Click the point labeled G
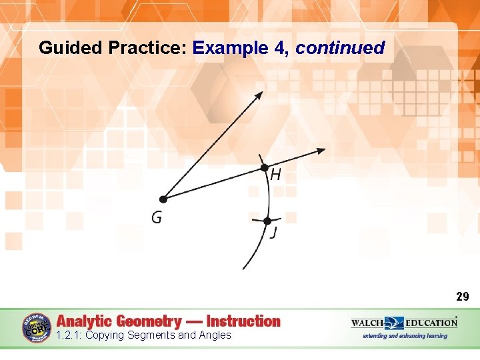coord(163,199)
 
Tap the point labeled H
coord(264,167)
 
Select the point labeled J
coord(267,221)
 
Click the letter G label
coord(156,218)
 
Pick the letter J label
coord(273,233)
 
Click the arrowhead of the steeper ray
coord(259,95)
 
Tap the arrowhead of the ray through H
coord(321,151)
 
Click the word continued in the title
coord(340,48)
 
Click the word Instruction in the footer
coord(243,321)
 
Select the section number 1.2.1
coord(69,335)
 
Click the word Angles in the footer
coord(215,335)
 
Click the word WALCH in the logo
coord(367,323)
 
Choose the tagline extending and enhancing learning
coord(405,336)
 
